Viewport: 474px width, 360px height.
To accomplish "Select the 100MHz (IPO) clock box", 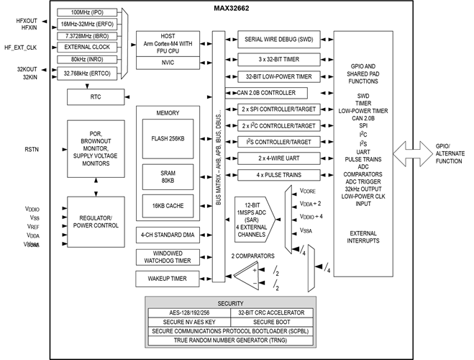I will pyautogui.click(x=87, y=13).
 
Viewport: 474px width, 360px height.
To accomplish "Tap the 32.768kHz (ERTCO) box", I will pyautogui.click(x=87, y=73).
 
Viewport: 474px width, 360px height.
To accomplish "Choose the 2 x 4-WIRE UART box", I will pyautogui.click(x=278, y=158).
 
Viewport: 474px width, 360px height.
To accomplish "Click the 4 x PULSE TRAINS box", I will pyautogui.click(x=278, y=175).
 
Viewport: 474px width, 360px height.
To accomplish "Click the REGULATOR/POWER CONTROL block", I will pyautogui.click(x=96, y=221).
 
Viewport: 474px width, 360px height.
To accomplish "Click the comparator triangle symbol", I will pyautogui.click(x=248, y=272).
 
